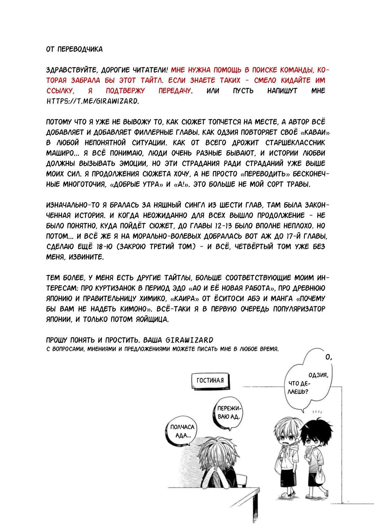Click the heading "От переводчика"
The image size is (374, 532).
[x=74, y=49]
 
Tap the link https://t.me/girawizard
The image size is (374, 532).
[x=92, y=101]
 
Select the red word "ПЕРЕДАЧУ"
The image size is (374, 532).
[x=175, y=91]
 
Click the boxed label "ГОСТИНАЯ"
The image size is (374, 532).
[x=210, y=380]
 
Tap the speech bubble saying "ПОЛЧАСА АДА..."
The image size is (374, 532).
[x=182, y=431]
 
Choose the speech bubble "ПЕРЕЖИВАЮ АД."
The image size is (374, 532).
[x=228, y=413]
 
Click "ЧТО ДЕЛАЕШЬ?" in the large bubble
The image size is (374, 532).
[x=299, y=388]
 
